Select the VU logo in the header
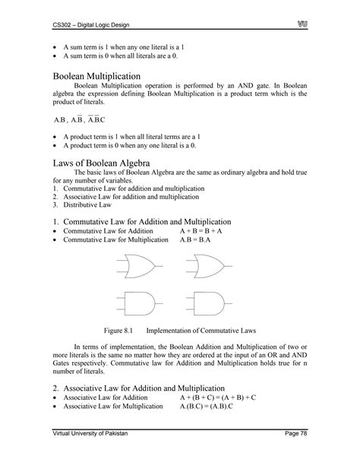(300, 27)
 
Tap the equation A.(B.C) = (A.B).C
(210, 407)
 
